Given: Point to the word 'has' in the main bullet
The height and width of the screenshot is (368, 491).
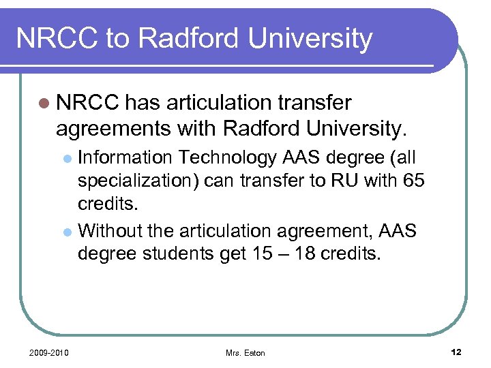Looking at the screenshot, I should click(x=142, y=103).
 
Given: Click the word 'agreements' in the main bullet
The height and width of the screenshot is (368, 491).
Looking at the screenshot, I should click(x=110, y=127).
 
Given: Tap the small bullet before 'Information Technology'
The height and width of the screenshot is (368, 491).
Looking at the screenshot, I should click(x=68, y=159).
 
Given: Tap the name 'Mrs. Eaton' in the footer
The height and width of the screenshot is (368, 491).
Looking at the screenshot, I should click(x=245, y=352).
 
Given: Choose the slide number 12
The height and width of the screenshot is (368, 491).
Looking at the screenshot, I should click(x=456, y=352).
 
